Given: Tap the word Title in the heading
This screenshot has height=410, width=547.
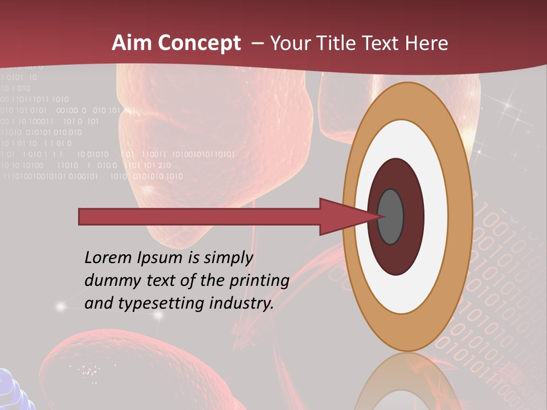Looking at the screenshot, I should click(337, 43).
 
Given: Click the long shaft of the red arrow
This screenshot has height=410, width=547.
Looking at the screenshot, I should click(199, 216).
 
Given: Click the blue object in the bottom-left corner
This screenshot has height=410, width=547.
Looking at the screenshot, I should click(13, 389).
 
